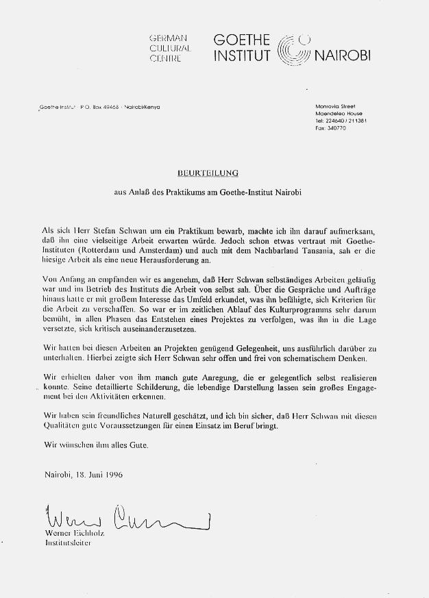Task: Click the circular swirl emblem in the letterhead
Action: (297, 49)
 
